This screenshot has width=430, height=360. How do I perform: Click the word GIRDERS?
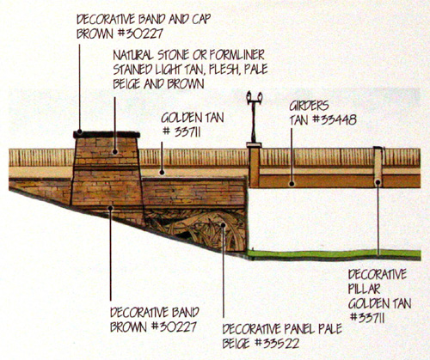309,106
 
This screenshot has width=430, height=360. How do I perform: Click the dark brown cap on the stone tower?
107,134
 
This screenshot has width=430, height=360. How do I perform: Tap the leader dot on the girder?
292,184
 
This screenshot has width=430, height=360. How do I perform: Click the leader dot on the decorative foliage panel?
224,224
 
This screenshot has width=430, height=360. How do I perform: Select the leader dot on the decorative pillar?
378,182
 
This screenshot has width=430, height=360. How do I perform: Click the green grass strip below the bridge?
334,253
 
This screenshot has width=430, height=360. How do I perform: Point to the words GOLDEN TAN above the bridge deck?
193,118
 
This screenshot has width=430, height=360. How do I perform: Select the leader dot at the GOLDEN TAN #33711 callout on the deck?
162,173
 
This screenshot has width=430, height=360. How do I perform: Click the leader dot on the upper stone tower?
115,151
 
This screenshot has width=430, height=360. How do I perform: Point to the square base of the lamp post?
254,145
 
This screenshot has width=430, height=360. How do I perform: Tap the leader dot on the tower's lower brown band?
110,208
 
